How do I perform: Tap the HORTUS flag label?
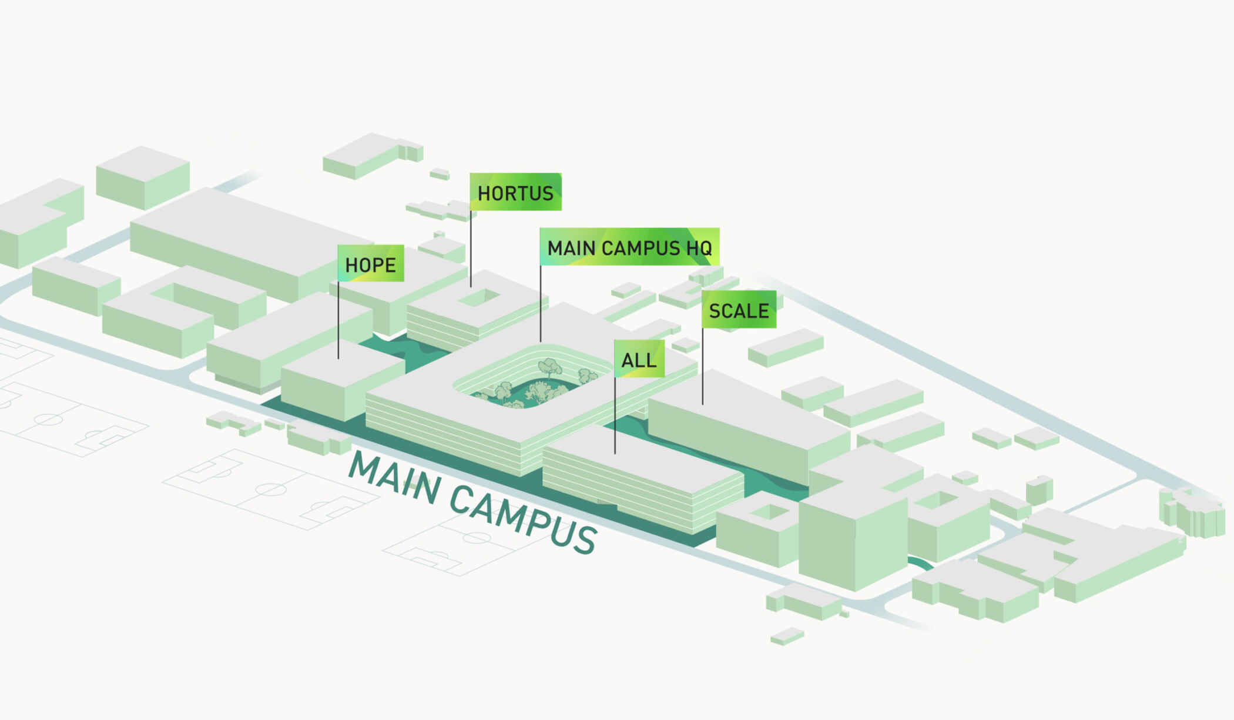pos(515,192)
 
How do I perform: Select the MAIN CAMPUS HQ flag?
pos(629,247)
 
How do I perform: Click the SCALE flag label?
pos(739,310)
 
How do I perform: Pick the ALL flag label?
pos(639,359)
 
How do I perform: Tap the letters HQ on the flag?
pos(699,247)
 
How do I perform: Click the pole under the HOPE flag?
pos(338,320)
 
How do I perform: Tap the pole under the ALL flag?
pos(615,415)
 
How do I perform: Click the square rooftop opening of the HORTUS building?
pos(479,298)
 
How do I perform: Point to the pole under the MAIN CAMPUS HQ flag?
pos(541,303)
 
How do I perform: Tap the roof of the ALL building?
pos(641,458)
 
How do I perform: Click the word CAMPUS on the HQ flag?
pos(641,247)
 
